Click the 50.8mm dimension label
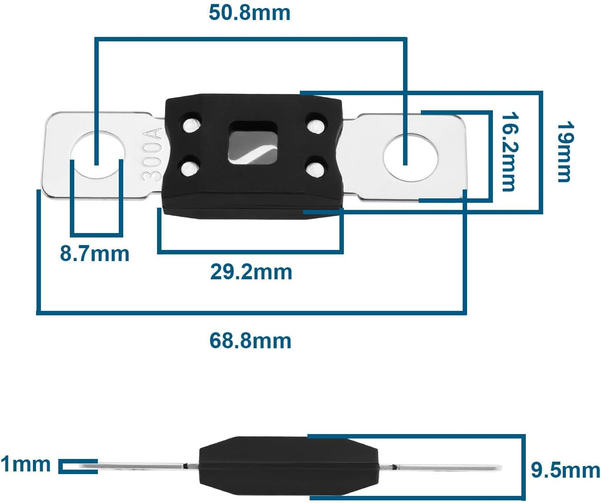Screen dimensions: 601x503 (250, 13)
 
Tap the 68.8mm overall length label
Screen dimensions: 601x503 (250, 341)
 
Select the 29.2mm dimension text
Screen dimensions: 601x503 (251, 272)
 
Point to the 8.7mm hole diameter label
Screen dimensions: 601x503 (95, 254)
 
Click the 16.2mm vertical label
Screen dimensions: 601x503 (510, 152)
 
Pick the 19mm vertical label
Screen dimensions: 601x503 (565, 152)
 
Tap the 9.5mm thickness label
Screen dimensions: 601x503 (565, 471)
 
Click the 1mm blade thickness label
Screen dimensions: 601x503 (26, 464)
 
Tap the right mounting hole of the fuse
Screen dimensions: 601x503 (411, 158)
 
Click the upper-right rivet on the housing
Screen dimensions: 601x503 (317, 124)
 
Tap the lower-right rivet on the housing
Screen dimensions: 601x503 (316, 169)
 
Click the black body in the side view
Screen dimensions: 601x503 (288, 466)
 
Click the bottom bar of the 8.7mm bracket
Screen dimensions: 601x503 (97, 235)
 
